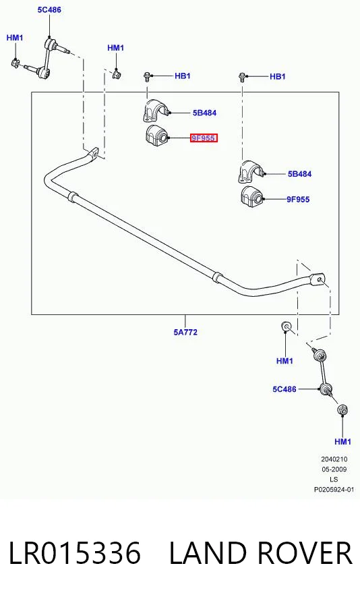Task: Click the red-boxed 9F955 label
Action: [204, 138]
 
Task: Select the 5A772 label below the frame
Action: [185, 332]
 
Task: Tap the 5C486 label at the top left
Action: [49, 9]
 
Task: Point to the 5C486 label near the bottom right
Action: [284, 389]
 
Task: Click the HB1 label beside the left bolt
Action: [183, 76]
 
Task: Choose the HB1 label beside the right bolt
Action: [278, 76]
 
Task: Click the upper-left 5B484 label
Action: [205, 113]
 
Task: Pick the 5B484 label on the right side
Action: [300, 174]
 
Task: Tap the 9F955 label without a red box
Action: [298, 199]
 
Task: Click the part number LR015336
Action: [75, 552]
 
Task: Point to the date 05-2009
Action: [334, 469]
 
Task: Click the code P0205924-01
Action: [334, 489]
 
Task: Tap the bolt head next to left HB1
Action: [147, 76]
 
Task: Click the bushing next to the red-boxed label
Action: [156, 135]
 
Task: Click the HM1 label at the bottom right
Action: [343, 442]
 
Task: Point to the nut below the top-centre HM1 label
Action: [117, 73]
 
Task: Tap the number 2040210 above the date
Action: [334, 459]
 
